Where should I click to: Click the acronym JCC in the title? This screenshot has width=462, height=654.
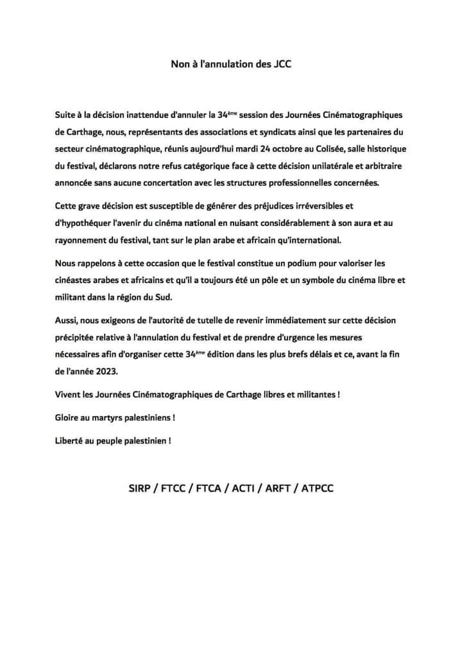[x=281, y=65]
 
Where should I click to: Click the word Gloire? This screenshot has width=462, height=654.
[x=68, y=418]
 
